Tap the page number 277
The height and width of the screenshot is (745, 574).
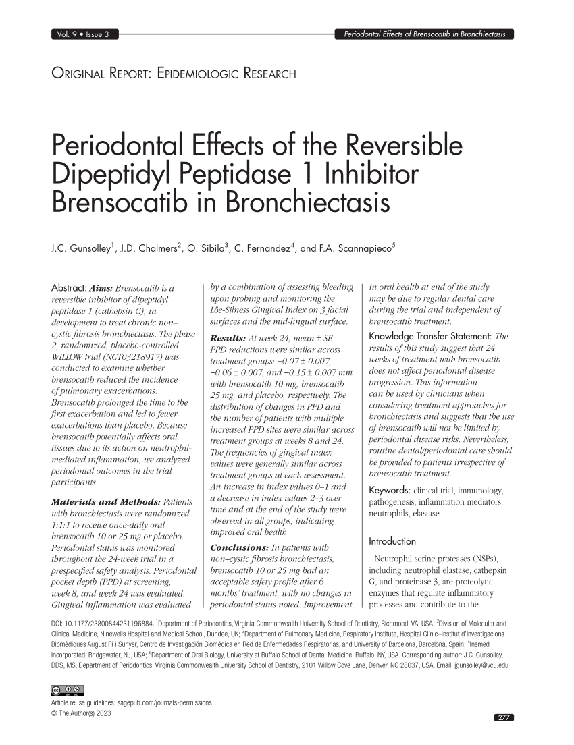(504, 717)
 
